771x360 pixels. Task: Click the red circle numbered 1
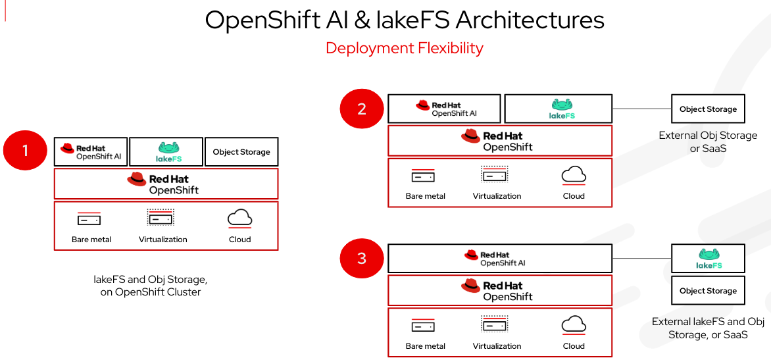(x=26, y=151)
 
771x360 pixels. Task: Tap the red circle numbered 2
(x=362, y=109)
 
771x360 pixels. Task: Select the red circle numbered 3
(x=362, y=259)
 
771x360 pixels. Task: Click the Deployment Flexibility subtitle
(x=405, y=48)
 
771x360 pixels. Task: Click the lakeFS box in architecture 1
(x=166, y=152)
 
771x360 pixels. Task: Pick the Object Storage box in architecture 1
(x=241, y=152)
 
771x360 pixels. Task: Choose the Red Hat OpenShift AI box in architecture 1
(x=91, y=152)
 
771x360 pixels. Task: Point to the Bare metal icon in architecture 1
(x=89, y=219)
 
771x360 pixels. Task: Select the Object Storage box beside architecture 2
(x=708, y=109)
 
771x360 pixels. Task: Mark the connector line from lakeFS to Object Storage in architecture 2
(x=641, y=109)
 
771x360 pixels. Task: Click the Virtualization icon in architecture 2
(x=495, y=175)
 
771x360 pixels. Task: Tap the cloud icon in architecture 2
(x=574, y=175)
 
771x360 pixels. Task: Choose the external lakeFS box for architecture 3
(x=708, y=258)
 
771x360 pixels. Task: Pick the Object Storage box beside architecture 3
(x=708, y=291)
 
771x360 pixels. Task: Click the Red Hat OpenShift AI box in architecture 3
(x=500, y=259)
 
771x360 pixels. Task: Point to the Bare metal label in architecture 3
(x=425, y=346)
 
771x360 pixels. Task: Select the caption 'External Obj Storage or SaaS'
(x=708, y=142)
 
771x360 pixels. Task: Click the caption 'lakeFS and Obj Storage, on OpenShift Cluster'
(x=151, y=286)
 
